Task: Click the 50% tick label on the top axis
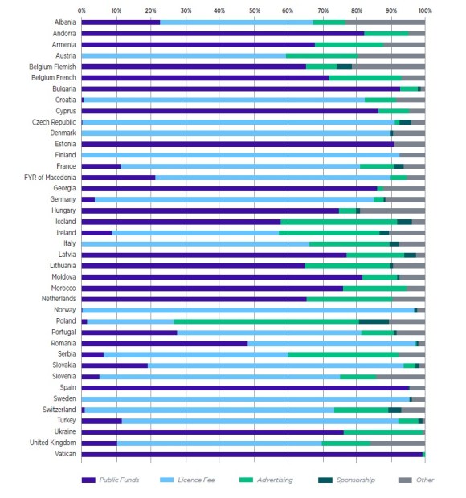click(254, 10)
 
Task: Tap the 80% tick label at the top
click(357, 10)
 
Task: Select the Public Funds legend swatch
click(88, 480)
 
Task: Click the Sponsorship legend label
click(356, 480)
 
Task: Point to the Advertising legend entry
click(266, 480)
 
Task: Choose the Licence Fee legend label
click(196, 480)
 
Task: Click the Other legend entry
click(416, 480)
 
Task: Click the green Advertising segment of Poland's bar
click(266, 321)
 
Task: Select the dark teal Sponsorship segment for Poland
click(374, 321)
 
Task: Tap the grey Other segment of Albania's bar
click(386, 22)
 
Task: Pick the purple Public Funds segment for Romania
click(165, 344)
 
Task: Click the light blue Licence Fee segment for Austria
click(184, 56)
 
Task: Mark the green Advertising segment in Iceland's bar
click(339, 222)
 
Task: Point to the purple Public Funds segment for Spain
click(246, 388)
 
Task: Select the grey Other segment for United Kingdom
click(398, 443)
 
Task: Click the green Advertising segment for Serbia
click(343, 355)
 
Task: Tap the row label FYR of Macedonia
click(50, 178)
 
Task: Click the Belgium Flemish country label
click(52, 67)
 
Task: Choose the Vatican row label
click(65, 454)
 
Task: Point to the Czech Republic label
click(54, 122)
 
